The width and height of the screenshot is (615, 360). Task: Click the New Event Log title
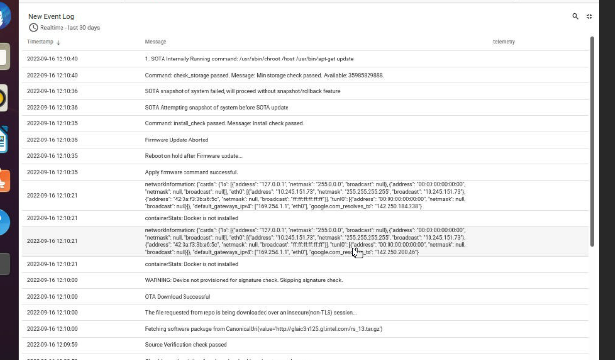click(51, 17)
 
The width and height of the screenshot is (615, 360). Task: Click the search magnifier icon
click(575, 16)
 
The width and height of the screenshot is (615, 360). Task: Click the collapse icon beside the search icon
click(589, 16)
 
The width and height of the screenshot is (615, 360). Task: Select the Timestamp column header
click(40, 42)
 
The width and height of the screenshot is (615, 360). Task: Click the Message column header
click(156, 42)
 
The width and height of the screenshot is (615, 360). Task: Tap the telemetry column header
click(504, 42)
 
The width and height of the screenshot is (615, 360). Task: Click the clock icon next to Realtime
click(33, 28)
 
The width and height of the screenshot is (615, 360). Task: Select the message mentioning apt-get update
click(249, 59)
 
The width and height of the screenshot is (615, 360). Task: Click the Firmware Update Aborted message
click(177, 140)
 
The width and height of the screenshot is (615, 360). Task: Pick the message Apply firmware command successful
click(191, 172)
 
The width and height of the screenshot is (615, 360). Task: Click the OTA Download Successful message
click(178, 297)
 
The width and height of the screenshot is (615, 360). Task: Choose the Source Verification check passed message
click(186, 345)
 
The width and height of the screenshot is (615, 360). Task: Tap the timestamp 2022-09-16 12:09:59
click(52, 345)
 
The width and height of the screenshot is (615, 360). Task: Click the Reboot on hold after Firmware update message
click(194, 156)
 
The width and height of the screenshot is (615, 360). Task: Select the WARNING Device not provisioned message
click(244, 280)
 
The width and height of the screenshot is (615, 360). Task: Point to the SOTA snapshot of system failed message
click(243, 91)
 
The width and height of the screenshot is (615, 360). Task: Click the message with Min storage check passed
click(265, 75)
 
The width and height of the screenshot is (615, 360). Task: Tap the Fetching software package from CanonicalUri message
click(264, 329)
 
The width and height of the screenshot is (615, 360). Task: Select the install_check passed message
click(225, 123)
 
